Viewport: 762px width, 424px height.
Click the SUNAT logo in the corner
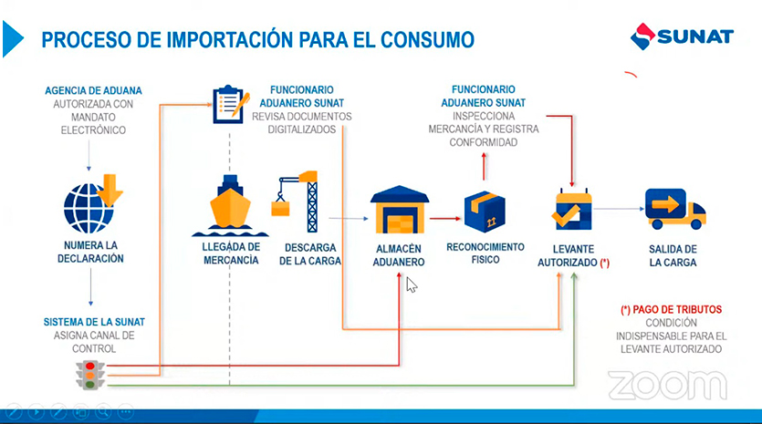(682, 36)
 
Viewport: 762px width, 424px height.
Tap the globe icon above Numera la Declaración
(88, 208)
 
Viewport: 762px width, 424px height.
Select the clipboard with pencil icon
(231, 104)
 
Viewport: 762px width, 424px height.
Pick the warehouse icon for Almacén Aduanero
(400, 210)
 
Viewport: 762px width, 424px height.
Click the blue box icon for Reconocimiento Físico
(485, 212)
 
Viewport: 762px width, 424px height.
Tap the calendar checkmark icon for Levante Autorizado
(572, 210)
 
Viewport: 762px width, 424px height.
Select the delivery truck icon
(675, 209)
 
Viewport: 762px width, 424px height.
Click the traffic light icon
(90, 375)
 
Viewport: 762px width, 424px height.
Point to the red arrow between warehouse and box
(445, 219)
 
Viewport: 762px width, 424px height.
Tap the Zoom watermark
(667, 385)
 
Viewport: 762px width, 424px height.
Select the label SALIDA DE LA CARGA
(673, 256)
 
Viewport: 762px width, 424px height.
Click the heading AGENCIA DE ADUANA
(93, 91)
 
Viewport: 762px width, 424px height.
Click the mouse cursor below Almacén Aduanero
(412, 284)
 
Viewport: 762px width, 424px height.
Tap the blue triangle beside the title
(12, 39)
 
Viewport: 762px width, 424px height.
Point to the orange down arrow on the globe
(110, 190)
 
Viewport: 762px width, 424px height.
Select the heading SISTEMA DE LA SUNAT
(94, 322)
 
